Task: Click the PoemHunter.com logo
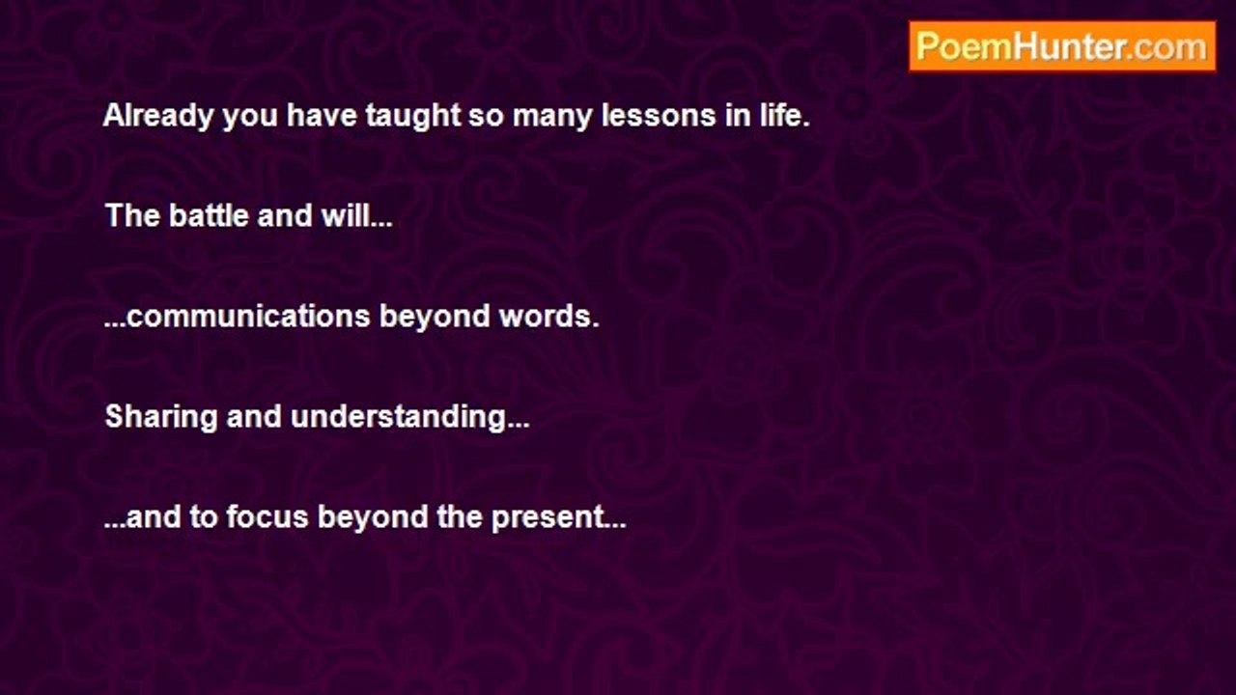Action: (1062, 46)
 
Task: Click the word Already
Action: (157, 117)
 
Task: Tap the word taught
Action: (412, 117)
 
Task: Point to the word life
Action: (784, 115)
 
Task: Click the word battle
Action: (209, 215)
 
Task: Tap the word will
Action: (356, 215)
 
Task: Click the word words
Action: (549, 317)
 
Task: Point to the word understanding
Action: (409, 416)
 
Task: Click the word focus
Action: (267, 517)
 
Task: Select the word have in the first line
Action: (322, 116)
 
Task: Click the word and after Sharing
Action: (254, 416)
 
